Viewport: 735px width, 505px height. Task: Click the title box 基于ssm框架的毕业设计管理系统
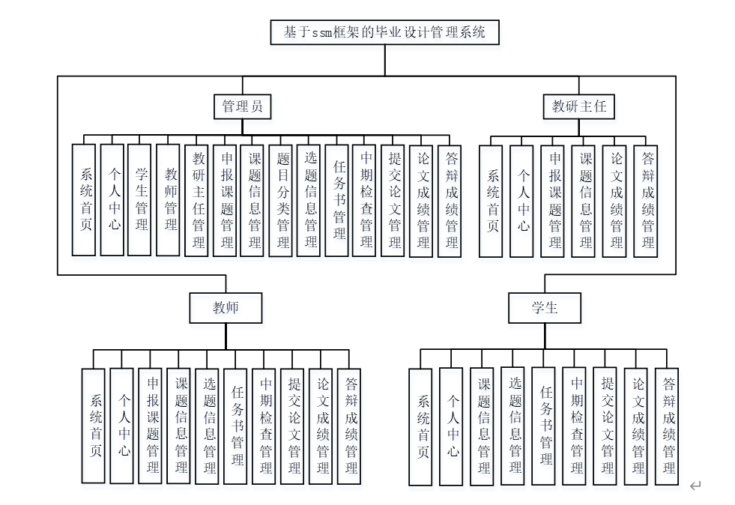(384, 32)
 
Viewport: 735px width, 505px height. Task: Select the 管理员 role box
(241, 106)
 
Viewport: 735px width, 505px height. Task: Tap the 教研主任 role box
(579, 106)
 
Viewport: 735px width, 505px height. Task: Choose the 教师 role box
(226, 307)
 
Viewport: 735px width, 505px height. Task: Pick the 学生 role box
(545, 307)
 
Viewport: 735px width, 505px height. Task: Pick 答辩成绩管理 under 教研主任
(646, 201)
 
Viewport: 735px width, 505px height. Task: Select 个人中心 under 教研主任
(522, 201)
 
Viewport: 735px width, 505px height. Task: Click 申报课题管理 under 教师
(151, 426)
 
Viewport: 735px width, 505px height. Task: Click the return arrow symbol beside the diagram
(695, 486)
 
